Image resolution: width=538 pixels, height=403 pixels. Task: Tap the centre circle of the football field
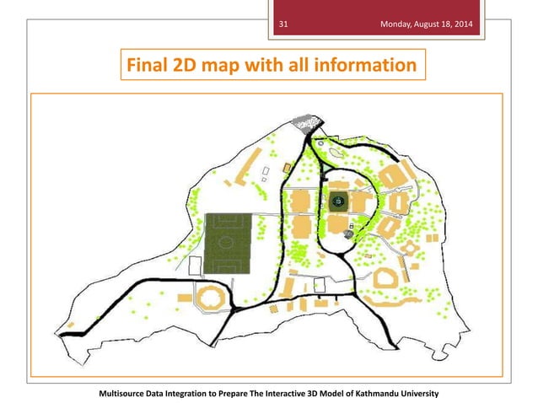[225, 242]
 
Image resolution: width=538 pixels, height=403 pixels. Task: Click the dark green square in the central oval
[338, 201]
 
